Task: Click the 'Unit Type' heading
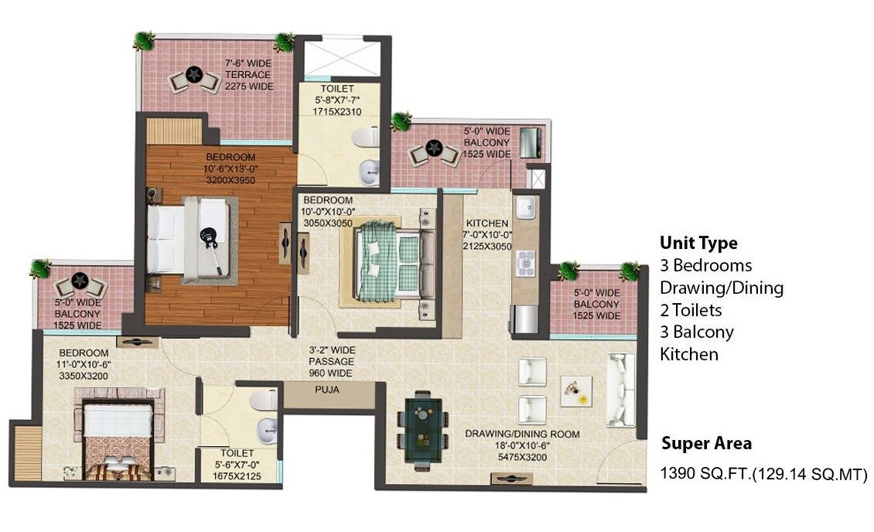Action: coord(698,243)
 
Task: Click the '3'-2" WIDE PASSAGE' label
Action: coord(330,361)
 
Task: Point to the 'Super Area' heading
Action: coord(706,444)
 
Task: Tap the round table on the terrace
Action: coord(194,75)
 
